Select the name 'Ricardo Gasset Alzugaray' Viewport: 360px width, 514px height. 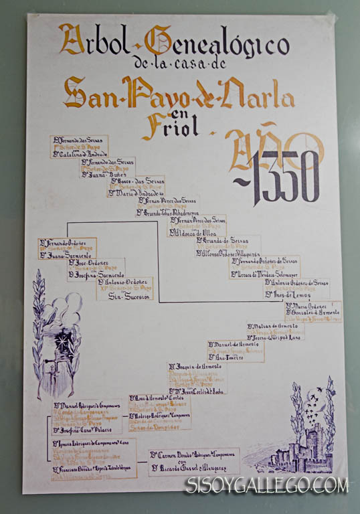(x=194, y=467)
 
